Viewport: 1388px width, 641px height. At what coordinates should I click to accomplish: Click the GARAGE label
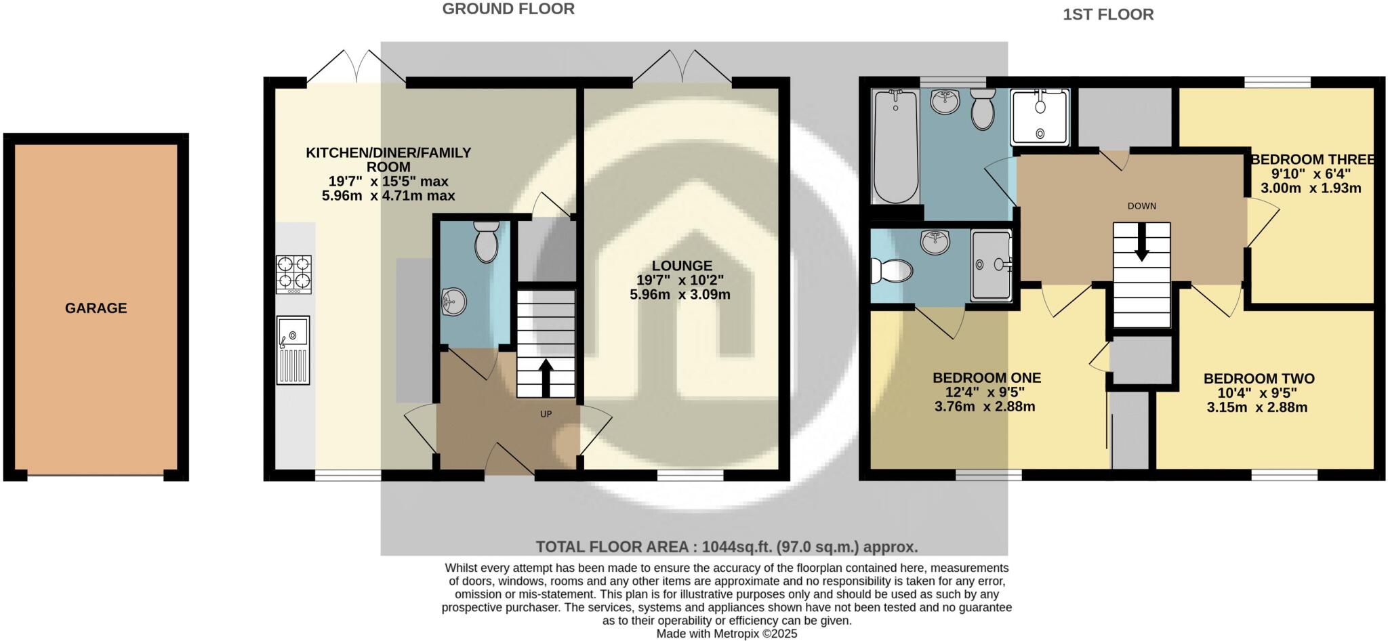click(96, 308)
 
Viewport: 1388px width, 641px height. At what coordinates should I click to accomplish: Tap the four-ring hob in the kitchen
click(293, 274)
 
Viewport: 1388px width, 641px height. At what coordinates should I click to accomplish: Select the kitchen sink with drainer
click(293, 350)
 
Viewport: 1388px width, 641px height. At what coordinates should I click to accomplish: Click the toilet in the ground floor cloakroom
click(487, 243)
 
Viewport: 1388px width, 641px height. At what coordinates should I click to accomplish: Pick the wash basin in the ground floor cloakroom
click(453, 302)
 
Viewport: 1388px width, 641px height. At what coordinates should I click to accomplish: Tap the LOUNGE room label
click(682, 266)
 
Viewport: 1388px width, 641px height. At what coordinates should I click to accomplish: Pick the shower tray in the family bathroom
click(1040, 118)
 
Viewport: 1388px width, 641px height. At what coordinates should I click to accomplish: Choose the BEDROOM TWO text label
click(1259, 379)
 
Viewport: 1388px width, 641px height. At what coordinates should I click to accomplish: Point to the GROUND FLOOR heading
click(508, 9)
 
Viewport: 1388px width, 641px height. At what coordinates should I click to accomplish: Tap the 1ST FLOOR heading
click(1107, 14)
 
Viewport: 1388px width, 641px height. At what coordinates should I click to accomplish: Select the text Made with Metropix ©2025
click(727, 634)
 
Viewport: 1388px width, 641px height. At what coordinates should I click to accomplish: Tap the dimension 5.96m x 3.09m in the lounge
click(680, 295)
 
